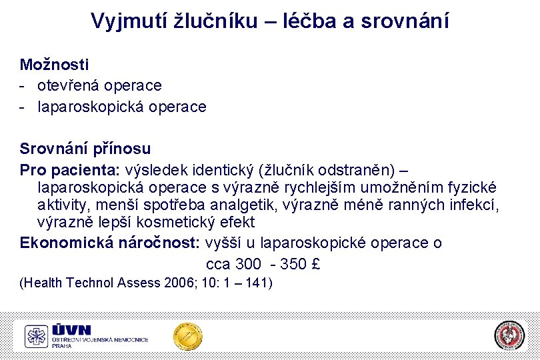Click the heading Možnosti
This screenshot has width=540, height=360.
click(x=54, y=65)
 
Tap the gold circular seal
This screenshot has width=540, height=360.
click(x=188, y=336)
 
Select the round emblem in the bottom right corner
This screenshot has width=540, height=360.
click(x=509, y=336)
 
